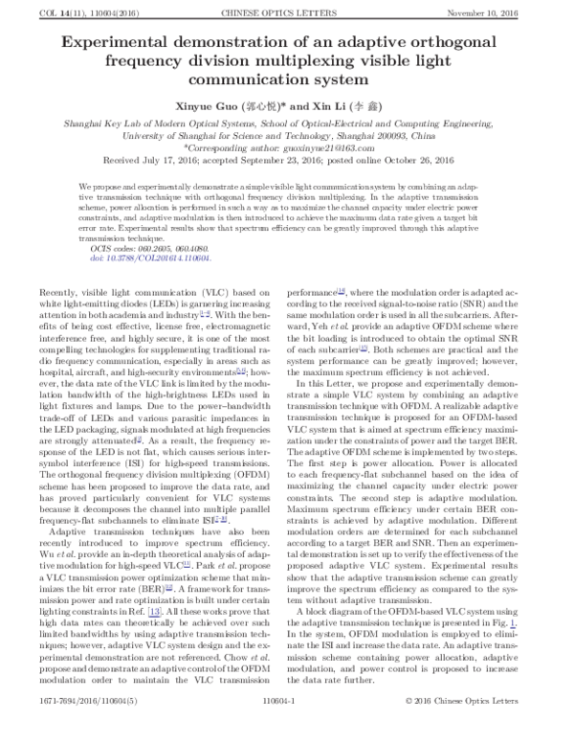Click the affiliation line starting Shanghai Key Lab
[287, 125]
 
